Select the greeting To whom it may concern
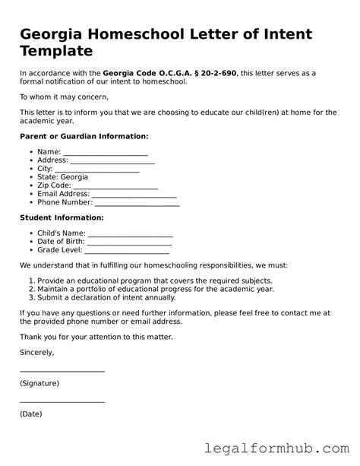click(x=64, y=97)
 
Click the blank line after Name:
click(x=105, y=154)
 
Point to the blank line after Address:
click(x=112, y=162)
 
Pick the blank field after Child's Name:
click(x=131, y=235)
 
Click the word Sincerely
click(x=36, y=353)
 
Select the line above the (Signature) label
click(x=62, y=371)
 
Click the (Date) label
click(x=31, y=414)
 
